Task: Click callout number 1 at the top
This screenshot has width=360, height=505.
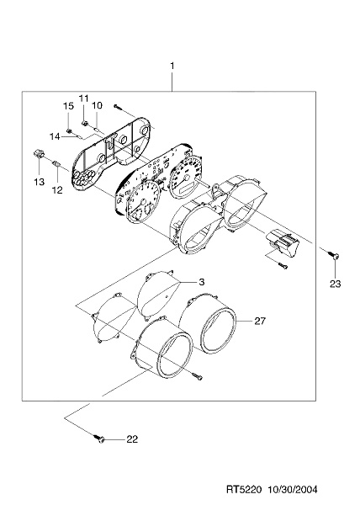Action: pyautogui.click(x=172, y=66)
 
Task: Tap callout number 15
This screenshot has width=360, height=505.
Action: pyautogui.click(x=68, y=106)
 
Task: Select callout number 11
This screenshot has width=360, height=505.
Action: pyautogui.click(x=83, y=98)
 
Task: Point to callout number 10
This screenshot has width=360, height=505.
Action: pyautogui.click(x=98, y=105)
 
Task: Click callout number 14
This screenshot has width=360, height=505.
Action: pyautogui.click(x=55, y=136)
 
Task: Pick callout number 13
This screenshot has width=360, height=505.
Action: pyautogui.click(x=40, y=182)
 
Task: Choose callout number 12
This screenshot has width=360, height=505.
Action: pyautogui.click(x=57, y=190)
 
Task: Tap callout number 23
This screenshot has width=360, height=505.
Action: pyautogui.click(x=336, y=284)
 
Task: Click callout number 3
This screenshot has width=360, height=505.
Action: pyautogui.click(x=201, y=282)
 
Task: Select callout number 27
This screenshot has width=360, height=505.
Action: pyautogui.click(x=260, y=321)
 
